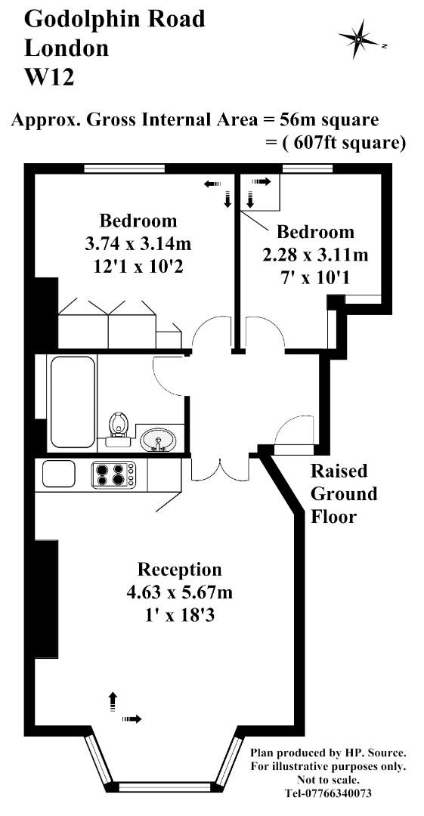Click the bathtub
tap(72, 403)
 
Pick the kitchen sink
tap(59, 474)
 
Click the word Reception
tap(179, 569)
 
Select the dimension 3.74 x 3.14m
tap(138, 244)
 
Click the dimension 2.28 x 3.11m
tap(315, 254)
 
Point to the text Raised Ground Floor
tap(344, 494)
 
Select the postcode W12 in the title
tap(49, 77)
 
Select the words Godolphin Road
tap(114, 19)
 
